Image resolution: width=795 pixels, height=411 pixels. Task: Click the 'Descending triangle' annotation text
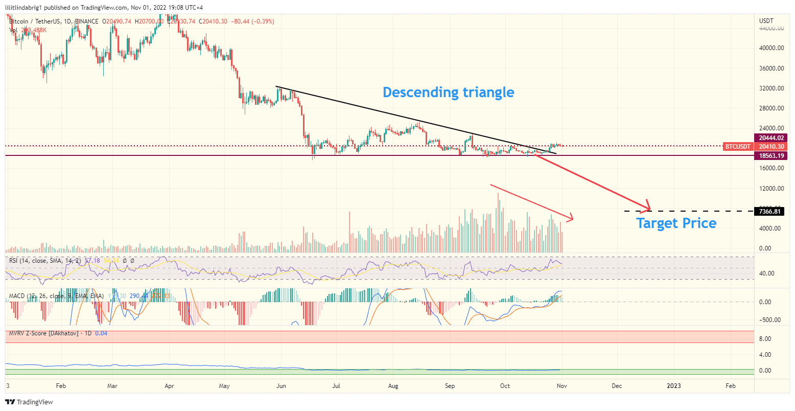coord(448,93)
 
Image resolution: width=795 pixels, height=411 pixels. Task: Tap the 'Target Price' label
coord(676,223)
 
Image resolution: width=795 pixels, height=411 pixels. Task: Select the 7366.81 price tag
coord(770,211)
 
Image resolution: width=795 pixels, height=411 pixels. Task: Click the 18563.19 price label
coord(771,155)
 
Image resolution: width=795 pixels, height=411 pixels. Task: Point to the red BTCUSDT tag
coord(738,147)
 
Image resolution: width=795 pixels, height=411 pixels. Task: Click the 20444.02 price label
coord(771,138)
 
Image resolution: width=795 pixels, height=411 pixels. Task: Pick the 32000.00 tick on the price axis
coord(771,88)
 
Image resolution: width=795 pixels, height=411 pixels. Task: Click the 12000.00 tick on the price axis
coord(771,189)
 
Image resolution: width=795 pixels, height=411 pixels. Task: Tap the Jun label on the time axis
coord(281,386)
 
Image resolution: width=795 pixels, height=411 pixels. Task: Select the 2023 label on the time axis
coord(674,386)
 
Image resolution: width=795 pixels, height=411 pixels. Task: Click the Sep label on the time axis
coord(450,386)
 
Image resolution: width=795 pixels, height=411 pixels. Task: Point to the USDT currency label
coord(766,21)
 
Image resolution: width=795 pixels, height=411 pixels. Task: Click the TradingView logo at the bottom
coord(29,402)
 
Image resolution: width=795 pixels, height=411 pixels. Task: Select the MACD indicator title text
coord(56,296)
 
